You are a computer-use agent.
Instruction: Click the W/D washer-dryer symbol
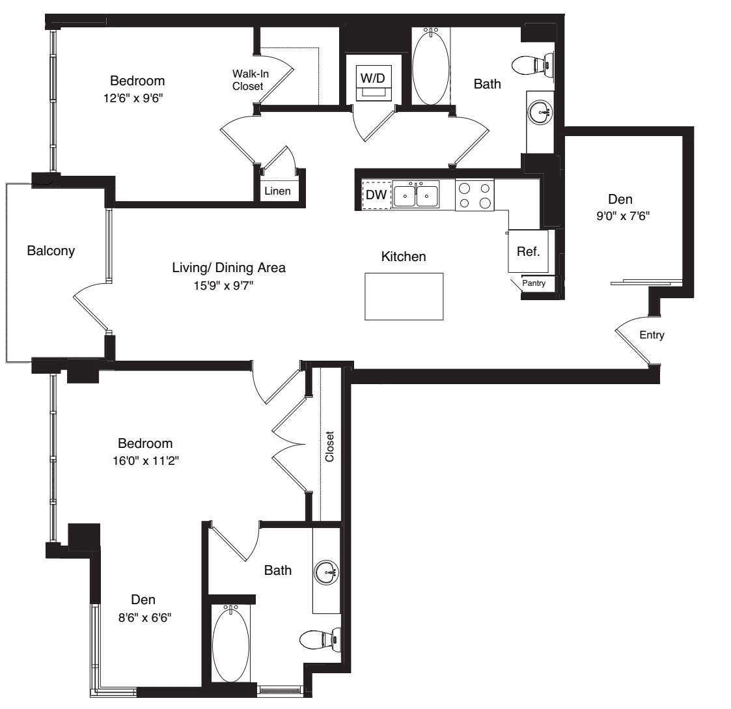374,83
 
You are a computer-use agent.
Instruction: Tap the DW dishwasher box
377,195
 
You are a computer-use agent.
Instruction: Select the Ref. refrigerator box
528,251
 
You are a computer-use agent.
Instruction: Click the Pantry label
534,283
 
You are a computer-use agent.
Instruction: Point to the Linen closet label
277,191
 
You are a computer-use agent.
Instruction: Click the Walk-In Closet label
251,80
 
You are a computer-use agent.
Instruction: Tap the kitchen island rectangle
404,296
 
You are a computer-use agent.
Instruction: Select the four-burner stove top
475,195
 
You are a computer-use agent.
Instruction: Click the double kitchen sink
415,194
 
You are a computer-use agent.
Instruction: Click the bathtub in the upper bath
431,66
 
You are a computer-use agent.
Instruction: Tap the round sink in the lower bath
326,572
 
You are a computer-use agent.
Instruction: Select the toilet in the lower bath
320,639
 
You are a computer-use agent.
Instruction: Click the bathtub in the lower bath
231,644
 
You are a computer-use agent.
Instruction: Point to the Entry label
652,335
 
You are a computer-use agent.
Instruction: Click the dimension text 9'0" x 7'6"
623,216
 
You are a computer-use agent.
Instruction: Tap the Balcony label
51,251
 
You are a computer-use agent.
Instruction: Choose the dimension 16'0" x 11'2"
146,460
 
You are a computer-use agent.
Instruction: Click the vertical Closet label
329,447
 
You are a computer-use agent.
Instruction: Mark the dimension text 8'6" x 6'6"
145,618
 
